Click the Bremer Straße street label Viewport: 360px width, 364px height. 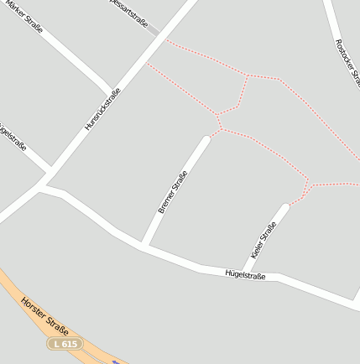click(173, 192)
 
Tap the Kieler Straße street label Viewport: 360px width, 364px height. click(263, 240)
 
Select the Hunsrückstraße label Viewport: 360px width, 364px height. click(102, 109)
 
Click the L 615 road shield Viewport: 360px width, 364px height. click(64, 344)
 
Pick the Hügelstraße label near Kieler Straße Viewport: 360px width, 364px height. click(245, 274)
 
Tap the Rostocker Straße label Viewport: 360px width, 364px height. click(347, 62)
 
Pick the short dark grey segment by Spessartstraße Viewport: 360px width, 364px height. click(154, 32)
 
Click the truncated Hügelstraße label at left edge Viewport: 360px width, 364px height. click(12, 137)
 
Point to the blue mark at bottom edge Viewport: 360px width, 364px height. click(115, 361)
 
